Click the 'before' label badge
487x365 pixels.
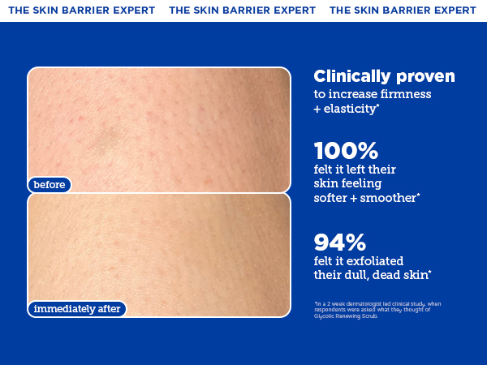pyautogui.click(x=50, y=185)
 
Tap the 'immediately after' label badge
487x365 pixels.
pyautogui.click(x=77, y=308)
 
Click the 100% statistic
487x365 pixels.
pyautogui.click(x=346, y=151)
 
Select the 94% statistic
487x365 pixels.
pyautogui.click(x=340, y=242)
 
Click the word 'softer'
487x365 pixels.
pyautogui.click(x=334, y=197)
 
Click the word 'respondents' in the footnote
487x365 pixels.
pyautogui.click(x=329, y=309)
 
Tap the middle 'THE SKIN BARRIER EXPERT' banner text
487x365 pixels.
pyautogui.click(x=242, y=11)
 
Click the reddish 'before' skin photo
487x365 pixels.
pyautogui.click(x=159, y=126)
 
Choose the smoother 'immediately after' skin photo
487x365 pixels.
pyautogui.click(x=159, y=251)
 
